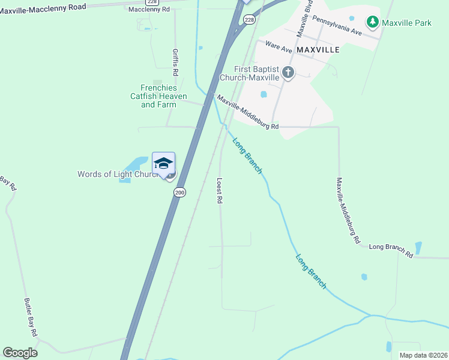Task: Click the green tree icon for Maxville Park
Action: (x=373, y=22)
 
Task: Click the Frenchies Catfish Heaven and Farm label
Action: (x=159, y=96)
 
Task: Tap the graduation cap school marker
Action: (x=163, y=163)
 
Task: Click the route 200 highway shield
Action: (x=179, y=192)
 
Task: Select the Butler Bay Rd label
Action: (x=31, y=317)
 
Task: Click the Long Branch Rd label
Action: (x=391, y=247)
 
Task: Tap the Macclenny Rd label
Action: (x=149, y=9)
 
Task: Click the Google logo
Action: (x=20, y=353)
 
